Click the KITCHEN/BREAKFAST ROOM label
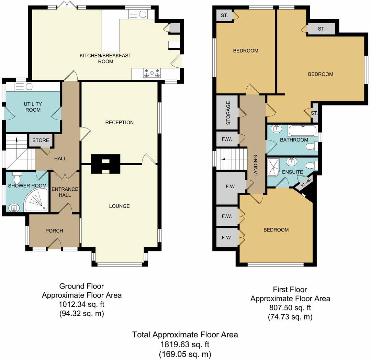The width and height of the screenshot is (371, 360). [105, 58]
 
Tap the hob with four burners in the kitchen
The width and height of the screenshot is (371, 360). [152, 73]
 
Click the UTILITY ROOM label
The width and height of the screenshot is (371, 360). [33, 107]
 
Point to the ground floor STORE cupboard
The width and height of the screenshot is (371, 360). [41, 140]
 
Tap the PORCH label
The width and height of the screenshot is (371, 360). [54, 231]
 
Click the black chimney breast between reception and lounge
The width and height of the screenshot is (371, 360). [105, 164]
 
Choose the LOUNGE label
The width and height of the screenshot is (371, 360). [119, 206]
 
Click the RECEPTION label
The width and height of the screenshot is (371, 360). [119, 123]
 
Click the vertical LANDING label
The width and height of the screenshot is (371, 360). [255, 166]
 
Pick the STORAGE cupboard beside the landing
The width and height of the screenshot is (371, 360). [228, 113]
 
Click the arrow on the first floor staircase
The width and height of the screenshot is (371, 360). [223, 159]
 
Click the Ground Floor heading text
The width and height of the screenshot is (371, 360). [81, 286]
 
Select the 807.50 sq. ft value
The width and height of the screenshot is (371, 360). [290, 308]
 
